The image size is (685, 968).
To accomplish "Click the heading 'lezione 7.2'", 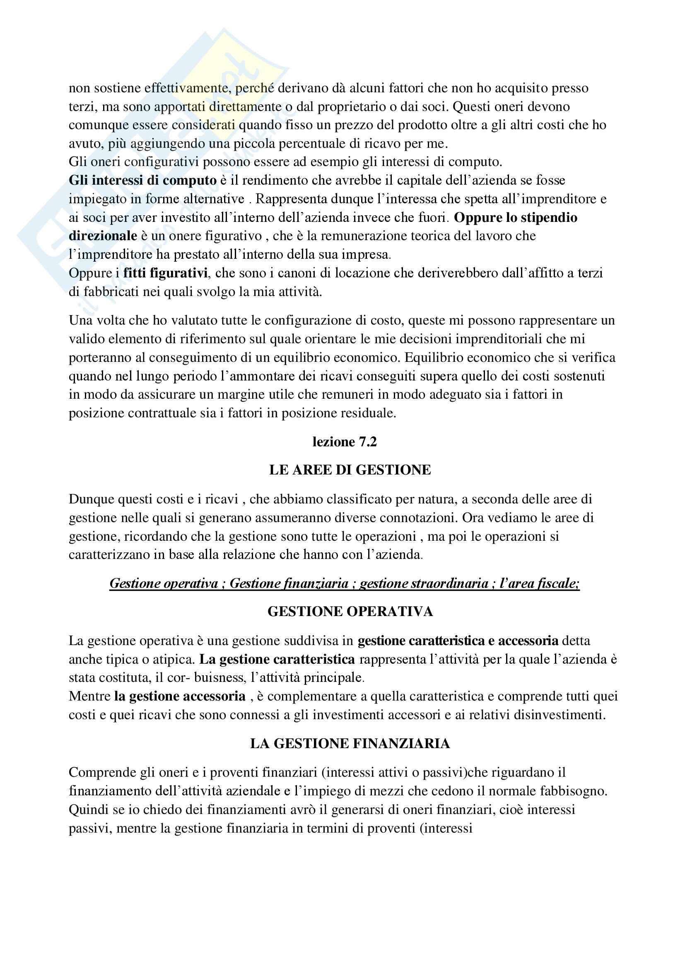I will pos(345,442).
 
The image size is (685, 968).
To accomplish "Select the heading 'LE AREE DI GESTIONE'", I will pos(350,470).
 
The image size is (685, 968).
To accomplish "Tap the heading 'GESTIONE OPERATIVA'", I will pos(350,612).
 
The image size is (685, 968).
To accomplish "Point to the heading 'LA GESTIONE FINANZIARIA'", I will pos(350,743).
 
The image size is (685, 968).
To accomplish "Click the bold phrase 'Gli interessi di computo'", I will pos(142,181).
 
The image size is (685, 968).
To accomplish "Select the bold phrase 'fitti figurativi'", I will pos(165,273).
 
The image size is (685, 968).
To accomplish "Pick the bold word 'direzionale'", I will pos(103,236).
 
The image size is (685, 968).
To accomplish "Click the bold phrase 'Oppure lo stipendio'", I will pos(516,217).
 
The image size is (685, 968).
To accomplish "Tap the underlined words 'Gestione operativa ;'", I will pos(167,583).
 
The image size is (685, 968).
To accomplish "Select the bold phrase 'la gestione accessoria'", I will pos(180,696).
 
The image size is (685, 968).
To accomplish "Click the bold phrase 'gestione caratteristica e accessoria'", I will pos(458,641).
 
